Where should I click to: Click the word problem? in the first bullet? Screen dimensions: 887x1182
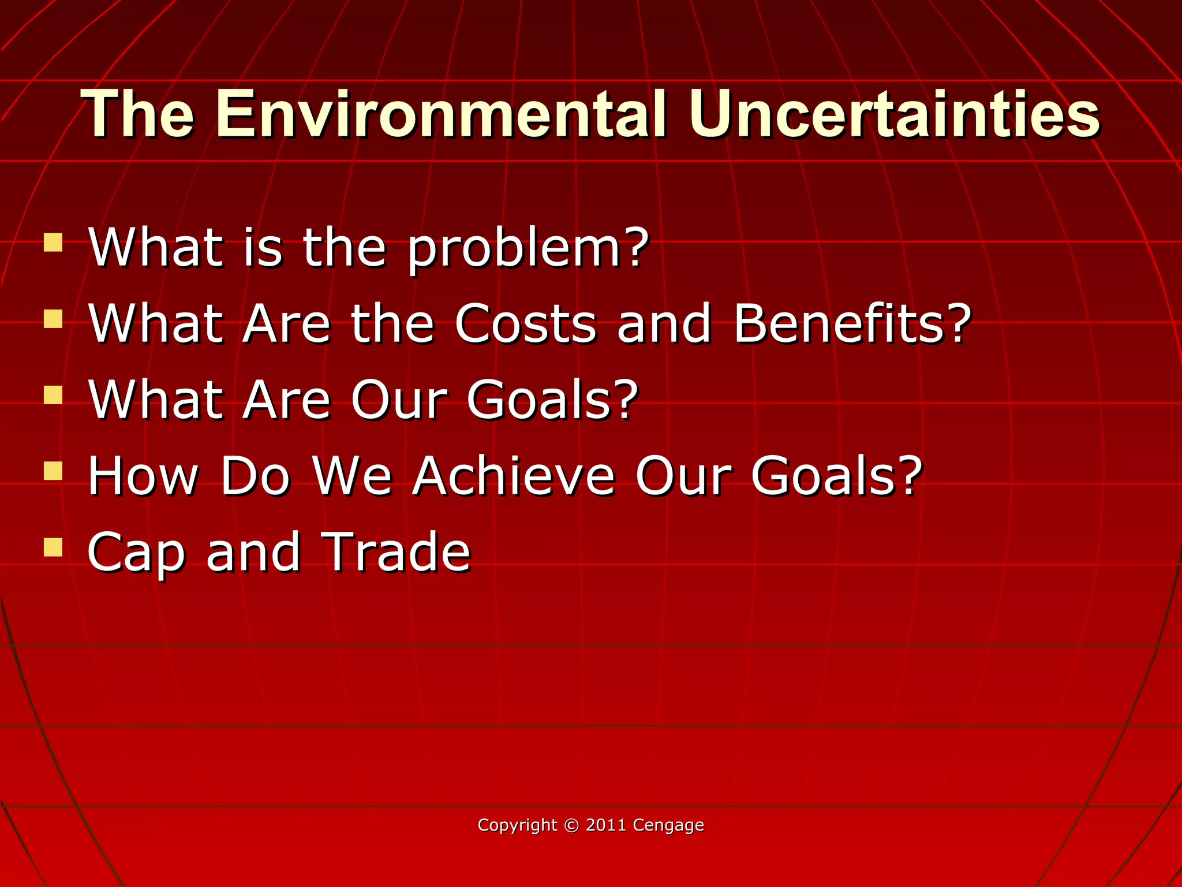click(528, 249)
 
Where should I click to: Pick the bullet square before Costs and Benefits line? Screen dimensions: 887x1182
click(53, 319)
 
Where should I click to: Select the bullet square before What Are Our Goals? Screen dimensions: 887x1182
click(53, 395)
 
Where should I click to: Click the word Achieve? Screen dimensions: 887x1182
click(514, 476)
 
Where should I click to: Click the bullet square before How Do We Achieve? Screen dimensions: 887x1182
click(53, 471)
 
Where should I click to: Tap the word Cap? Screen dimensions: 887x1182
click(136, 553)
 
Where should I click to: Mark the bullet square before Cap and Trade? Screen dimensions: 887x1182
click(53, 547)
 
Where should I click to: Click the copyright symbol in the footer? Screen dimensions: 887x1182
click(571, 825)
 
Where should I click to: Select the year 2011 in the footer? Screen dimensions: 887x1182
click(606, 825)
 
